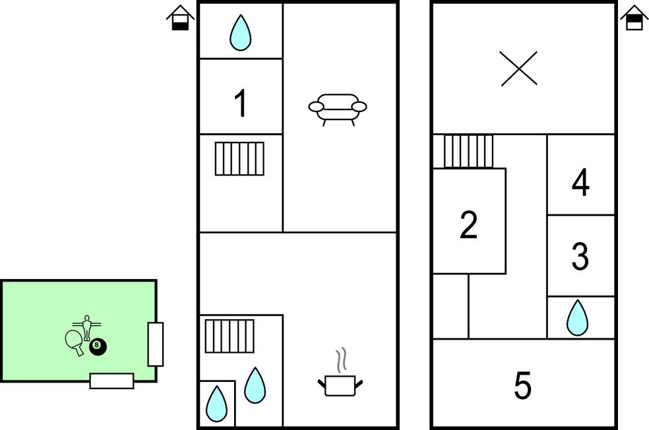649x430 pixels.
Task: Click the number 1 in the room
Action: (241, 104)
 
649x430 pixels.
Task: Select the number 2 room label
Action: (468, 225)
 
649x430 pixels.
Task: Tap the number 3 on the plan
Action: (580, 257)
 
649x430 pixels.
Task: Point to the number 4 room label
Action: (580, 183)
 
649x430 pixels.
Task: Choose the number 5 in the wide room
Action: (522, 386)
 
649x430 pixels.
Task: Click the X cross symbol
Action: (518, 69)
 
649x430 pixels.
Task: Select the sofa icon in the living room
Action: (338, 107)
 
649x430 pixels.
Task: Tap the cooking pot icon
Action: (340, 384)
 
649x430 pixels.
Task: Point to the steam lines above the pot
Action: (341, 360)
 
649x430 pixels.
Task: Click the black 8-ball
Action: (98, 346)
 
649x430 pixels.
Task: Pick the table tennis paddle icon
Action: (75, 341)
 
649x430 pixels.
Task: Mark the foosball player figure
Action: (86, 326)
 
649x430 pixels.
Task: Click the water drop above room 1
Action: (241, 32)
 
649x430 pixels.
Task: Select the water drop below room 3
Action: (578, 317)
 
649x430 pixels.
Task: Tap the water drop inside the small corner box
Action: (216, 403)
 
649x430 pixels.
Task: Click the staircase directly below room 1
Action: (239, 159)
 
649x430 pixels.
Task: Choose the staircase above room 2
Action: (468, 151)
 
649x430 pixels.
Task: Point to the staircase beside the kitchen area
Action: (230, 336)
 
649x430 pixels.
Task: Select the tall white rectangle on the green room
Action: (155, 344)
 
